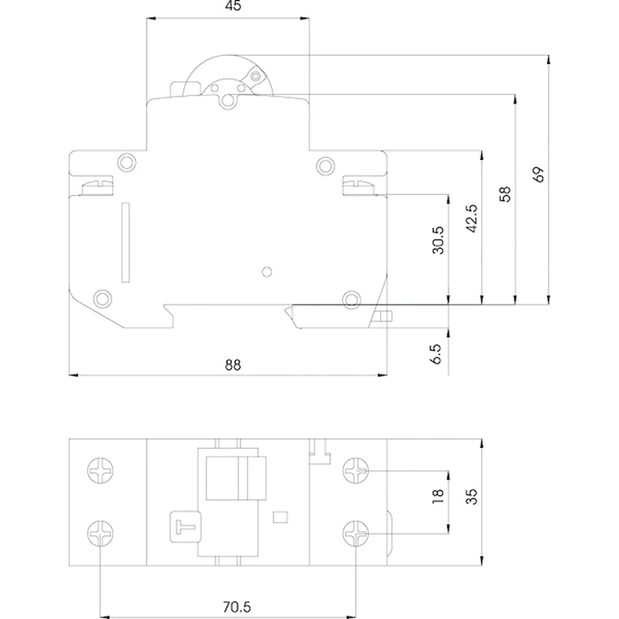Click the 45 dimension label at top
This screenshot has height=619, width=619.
point(233,6)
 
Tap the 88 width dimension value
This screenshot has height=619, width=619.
point(233,365)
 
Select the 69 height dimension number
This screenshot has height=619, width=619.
point(539,175)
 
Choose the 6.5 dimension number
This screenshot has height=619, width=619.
point(436,354)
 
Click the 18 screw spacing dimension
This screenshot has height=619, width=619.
point(438,496)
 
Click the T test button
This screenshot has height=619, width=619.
point(185,527)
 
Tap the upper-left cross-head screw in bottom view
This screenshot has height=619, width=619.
point(100,471)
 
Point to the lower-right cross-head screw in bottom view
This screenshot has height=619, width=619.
point(356,534)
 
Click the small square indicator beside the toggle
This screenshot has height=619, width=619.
point(280,517)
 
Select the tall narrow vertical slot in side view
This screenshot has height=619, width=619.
point(125,243)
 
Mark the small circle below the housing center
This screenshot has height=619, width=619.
point(267,272)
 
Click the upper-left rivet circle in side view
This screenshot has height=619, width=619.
point(127,162)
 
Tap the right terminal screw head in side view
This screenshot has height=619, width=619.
point(358,188)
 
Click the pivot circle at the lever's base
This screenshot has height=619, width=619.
point(228,101)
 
